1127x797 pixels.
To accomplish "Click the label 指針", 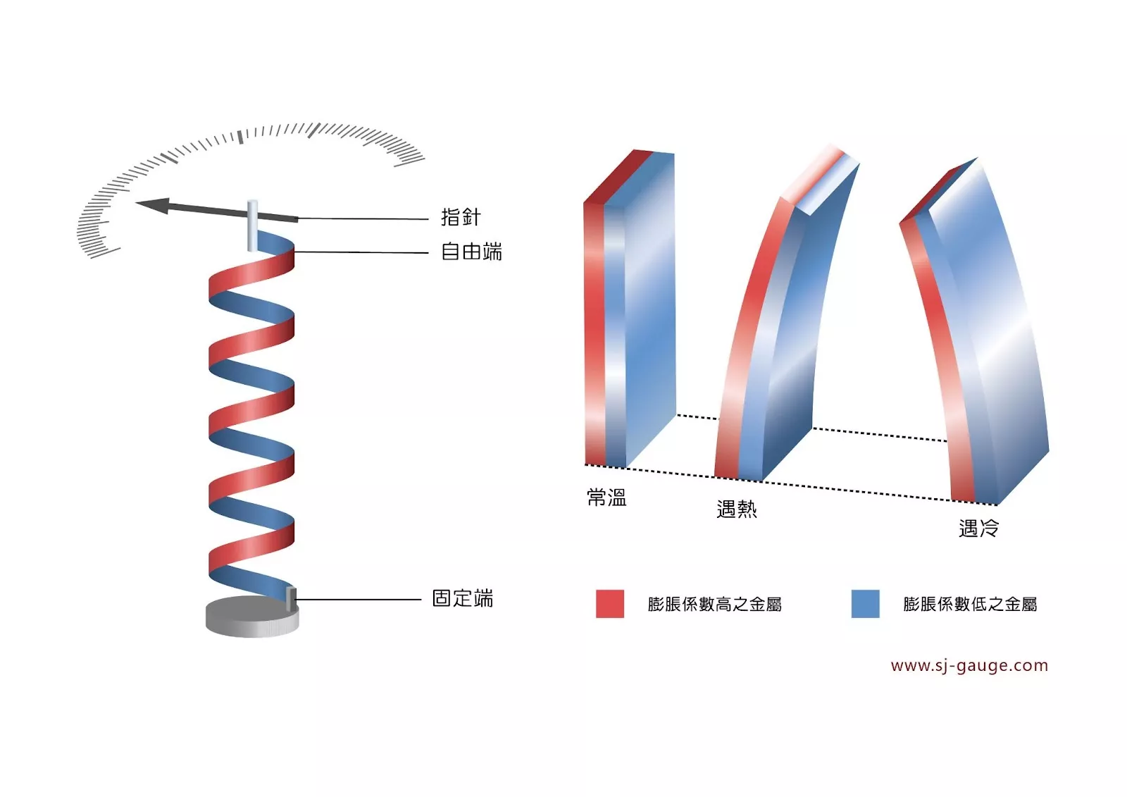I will (x=461, y=217).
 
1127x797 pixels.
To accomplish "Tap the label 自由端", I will (x=471, y=252).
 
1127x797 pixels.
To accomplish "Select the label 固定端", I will (x=462, y=598).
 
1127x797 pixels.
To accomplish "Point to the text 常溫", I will (x=606, y=498).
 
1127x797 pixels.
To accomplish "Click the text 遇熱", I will (x=736, y=509).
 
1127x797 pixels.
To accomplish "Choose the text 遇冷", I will (x=978, y=528).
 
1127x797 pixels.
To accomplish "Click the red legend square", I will (x=610, y=604).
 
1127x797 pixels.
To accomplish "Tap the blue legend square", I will (x=865, y=604).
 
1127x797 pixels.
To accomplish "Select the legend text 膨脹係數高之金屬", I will (x=714, y=604).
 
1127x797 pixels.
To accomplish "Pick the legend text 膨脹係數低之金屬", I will (x=970, y=604).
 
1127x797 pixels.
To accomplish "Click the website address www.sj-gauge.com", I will (x=969, y=665).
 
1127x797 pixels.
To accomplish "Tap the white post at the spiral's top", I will (x=251, y=225).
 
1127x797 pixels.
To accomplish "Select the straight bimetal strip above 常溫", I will (x=629, y=310).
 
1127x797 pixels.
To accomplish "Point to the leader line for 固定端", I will (x=359, y=600).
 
